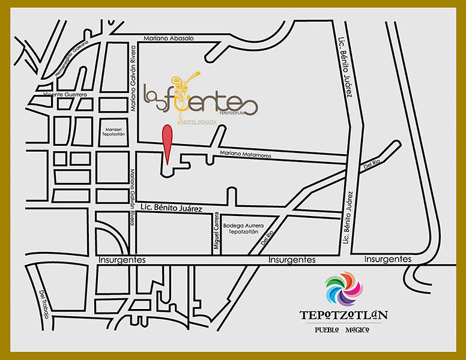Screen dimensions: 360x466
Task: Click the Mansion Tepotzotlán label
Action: tap(113, 132)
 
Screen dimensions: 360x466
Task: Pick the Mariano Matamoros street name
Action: tap(246, 155)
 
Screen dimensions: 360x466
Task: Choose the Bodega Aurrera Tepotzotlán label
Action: tap(240, 229)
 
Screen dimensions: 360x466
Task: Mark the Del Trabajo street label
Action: tap(44, 304)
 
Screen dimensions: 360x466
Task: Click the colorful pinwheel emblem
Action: tap(343, 289)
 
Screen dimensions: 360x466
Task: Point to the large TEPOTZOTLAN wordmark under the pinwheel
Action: tap(343, 316)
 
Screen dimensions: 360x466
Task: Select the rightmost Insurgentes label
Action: tap(388, 259)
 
